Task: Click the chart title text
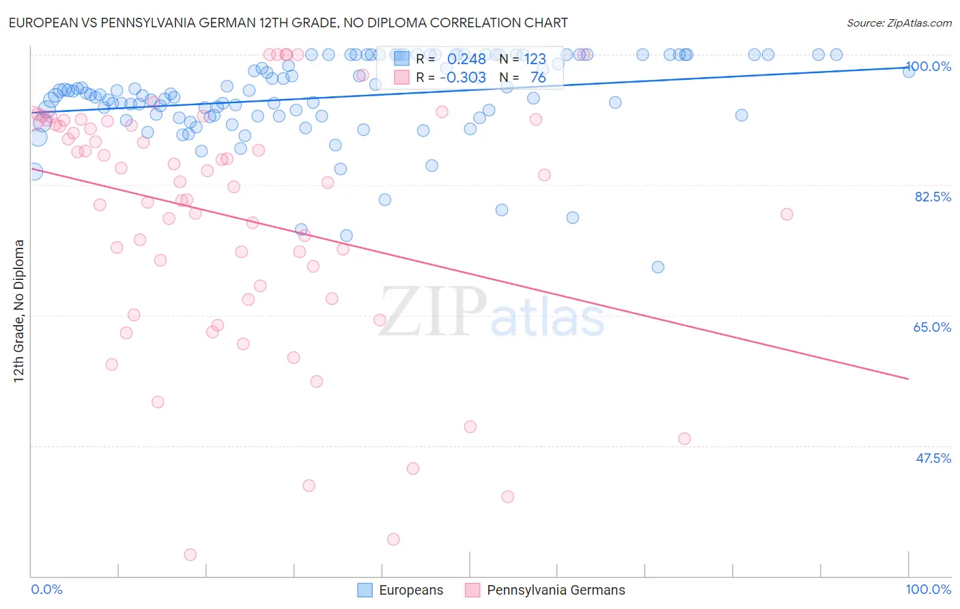(287, 23)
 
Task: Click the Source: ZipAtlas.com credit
(899, 23)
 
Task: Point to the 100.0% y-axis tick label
(929, 66)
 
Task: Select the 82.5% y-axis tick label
(933, 197)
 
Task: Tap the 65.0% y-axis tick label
(932, 327)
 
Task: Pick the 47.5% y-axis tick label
(933, 458)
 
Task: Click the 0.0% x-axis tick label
(46, 589)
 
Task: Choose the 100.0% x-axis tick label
(928, 589)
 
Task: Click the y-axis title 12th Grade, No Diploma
(19, 311)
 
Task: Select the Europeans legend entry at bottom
(401, 590)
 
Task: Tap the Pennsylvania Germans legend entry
(545, 590)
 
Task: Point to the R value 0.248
(466, 59)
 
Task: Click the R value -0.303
(463, 78)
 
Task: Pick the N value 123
(535, 59)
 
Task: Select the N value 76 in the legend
(538, 78)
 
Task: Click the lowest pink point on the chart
(190, 555)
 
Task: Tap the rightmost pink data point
(787, 214)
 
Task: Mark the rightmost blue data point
(909, 71)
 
